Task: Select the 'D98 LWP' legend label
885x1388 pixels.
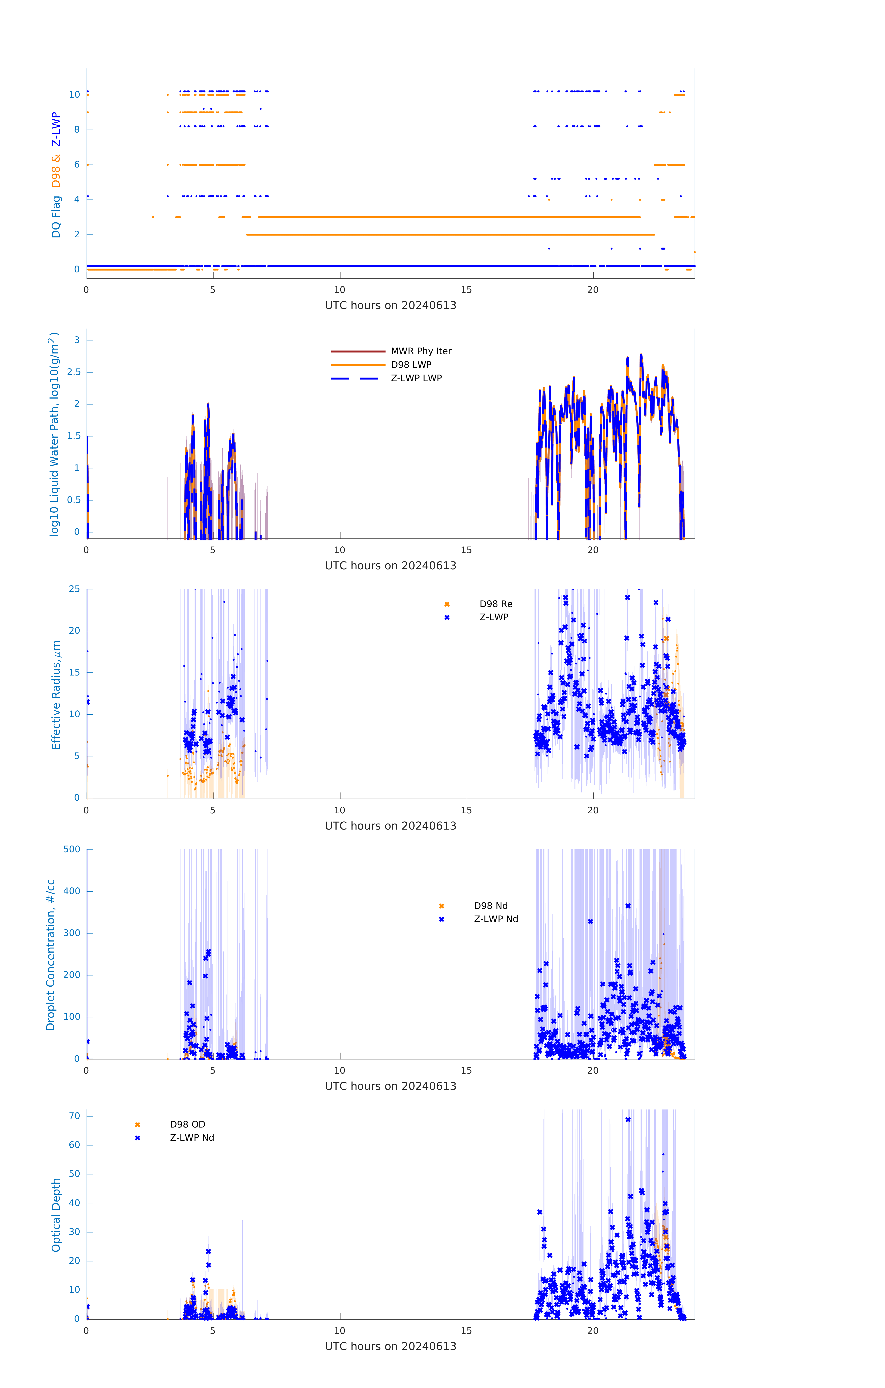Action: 411,365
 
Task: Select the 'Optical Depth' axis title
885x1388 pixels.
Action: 56,1215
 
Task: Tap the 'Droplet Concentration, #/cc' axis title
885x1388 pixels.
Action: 51,955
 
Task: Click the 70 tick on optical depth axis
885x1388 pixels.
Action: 74,1116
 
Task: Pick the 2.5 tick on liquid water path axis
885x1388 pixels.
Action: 74,372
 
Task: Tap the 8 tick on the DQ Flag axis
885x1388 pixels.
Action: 77,130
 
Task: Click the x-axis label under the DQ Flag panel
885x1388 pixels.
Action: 390,306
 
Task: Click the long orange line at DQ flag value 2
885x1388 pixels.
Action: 450,235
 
